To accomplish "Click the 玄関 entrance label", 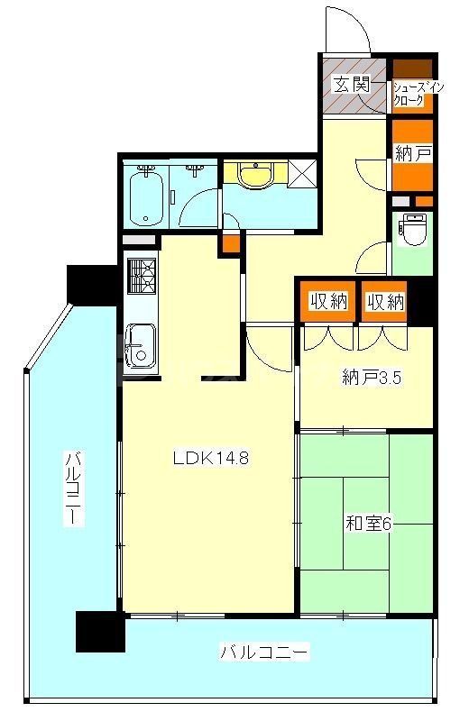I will (x=351, y=86).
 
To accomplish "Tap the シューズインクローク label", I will (x=413, y=94).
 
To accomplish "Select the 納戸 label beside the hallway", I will (x=412, y=154).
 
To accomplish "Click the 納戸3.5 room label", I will (x=372, y=379).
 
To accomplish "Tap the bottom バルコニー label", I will (x=265, y=651).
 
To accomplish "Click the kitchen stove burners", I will (x=142, y=277).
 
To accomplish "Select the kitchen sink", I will (x=141, y=346).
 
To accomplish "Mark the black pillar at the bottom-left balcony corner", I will (x=99, y=631).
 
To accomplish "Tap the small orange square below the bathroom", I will (x=232, y=243).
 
